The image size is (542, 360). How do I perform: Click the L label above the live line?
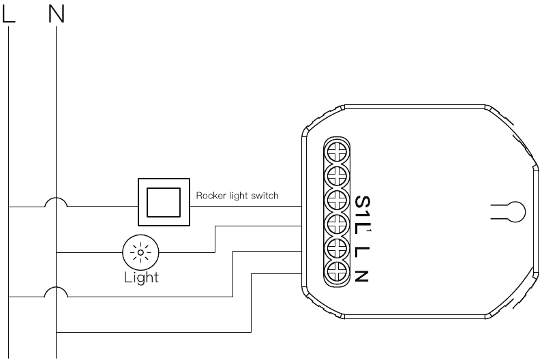pos(9,15)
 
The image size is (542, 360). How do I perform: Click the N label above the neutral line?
pos(57,15)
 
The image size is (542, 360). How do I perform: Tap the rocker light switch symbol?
pos(164,202)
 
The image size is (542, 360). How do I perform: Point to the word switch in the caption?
pos(265,196)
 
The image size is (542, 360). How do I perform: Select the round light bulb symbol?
pos(140,252)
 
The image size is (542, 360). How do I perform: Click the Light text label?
pos(141,277)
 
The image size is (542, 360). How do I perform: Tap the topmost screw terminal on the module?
pos(337,152)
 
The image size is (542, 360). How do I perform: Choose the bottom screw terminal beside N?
pos(337,272)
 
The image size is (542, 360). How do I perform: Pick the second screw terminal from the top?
pos(337,176)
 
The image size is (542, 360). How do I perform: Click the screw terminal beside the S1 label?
pos(337,200)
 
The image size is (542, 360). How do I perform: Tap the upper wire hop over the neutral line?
pos(56,202)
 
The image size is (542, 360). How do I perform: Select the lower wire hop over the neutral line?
pos(56,292)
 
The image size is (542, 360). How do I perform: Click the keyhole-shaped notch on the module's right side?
pos(511,211)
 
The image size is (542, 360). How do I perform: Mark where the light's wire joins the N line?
pos(57,252)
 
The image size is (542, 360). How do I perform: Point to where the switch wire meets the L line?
pos(9,207)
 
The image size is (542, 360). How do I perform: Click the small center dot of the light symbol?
pos(140,252)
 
